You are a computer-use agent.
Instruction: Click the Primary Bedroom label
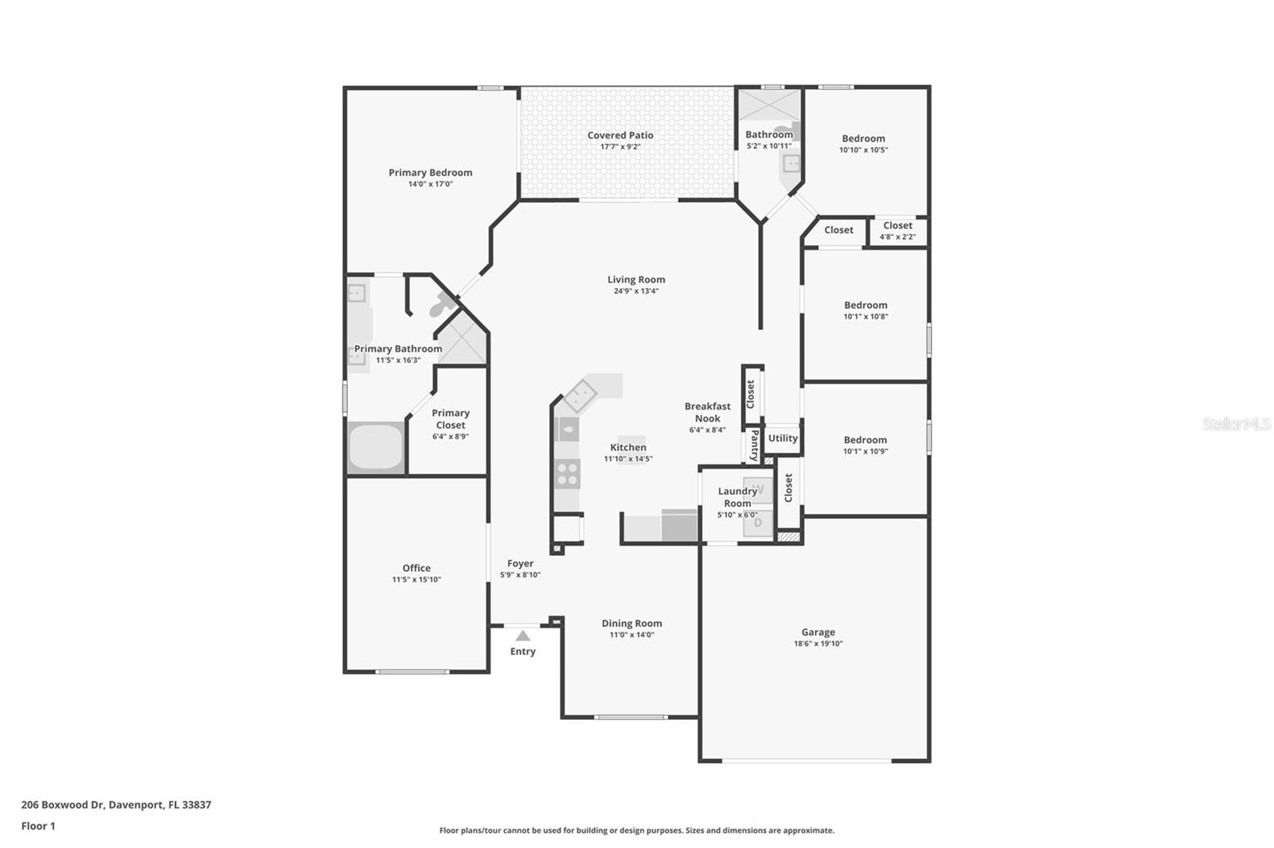pyautogui.click(x=430, y=173)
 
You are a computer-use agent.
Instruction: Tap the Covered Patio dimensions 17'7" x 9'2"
pyautogui.click(x=620, y=147)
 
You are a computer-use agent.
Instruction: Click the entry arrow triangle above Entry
pyautogui.click(x=522, y=636)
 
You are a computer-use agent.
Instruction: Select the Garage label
pyautogui.click(x=818, y=632)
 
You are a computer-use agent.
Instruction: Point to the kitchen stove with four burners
pyautogui.click(x=568, y=473)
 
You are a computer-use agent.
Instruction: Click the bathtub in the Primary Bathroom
pyautogui.click(x=376, y=446)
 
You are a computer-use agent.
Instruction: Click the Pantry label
pyautogui.click(x=753, y=446)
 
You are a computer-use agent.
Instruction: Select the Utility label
pyautogui.click(x=783, y=438)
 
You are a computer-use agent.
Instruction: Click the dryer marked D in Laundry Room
pyautogui.click(x=758, y=523)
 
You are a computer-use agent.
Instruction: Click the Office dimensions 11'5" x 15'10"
pyautogui.click(x=416, y=580)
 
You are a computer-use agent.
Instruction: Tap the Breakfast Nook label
pyautogui.click(x=707, y=412)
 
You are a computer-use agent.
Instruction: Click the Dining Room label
pyautogui.click(x=631, y=624)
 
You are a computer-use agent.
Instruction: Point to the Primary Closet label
pyautogui.click(x=451, y=418)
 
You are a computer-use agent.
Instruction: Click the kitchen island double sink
pyautogui.click(x=580, y=395)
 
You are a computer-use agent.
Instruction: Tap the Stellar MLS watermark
pyautogui.click(x=1236, y=424)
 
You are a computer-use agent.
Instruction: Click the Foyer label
pyautogui.click(x=520, y=563)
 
